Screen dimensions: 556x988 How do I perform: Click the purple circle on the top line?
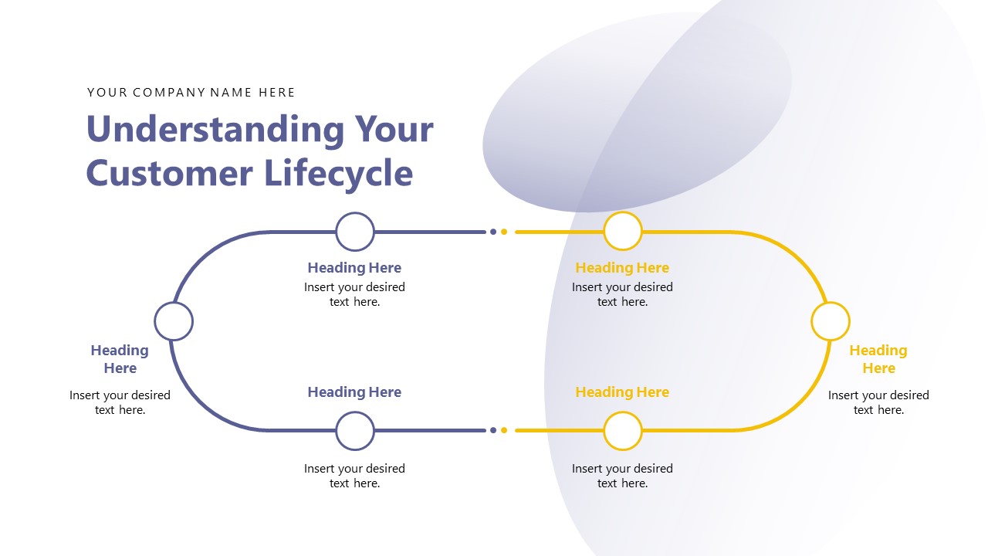[x=355, y=232]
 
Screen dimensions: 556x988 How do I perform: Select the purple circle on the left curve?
[x=174, y=321]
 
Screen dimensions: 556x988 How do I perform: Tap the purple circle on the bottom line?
[x=355, y=431]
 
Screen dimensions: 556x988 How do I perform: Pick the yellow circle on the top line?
[x=623, y=232]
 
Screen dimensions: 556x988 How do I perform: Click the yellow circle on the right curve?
[x=831, y=321]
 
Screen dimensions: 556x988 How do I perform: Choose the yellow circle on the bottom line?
[x=623, y=431]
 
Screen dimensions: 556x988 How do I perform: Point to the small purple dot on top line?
[x=493, y=232]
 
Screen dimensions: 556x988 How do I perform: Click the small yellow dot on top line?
[x=504, y=232]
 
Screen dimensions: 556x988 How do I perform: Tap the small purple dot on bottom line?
[x=493, y=430]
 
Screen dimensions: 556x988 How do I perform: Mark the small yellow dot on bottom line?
[x=504, y=430]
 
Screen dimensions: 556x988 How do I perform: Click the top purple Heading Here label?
[x=354, y=268]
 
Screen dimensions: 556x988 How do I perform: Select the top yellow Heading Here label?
[x=622, y=268]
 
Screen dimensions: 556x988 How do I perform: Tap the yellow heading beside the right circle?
[x=878, y=359]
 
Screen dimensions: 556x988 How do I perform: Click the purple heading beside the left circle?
[x=120, y=359]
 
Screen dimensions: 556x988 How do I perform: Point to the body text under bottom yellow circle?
[x=622, y=476]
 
